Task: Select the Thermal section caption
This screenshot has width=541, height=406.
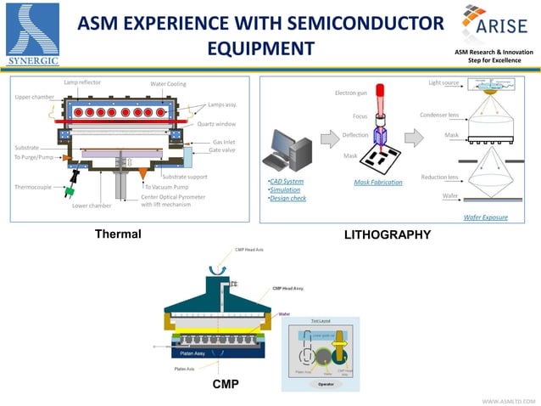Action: [117, 234]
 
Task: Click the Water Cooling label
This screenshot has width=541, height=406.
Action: [168, 84]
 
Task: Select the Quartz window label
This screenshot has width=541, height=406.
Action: [217, 123]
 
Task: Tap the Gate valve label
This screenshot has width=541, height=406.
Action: [222, 149]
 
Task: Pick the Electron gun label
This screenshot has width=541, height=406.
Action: [351, 92]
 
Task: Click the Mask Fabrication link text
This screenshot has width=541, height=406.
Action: [378, 183]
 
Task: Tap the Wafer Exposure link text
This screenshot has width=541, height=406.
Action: [486, 217]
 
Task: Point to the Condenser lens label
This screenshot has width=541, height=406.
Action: [439, 115]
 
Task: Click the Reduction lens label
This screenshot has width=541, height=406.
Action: [440, 177]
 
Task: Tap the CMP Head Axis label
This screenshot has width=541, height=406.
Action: [251, 250]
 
